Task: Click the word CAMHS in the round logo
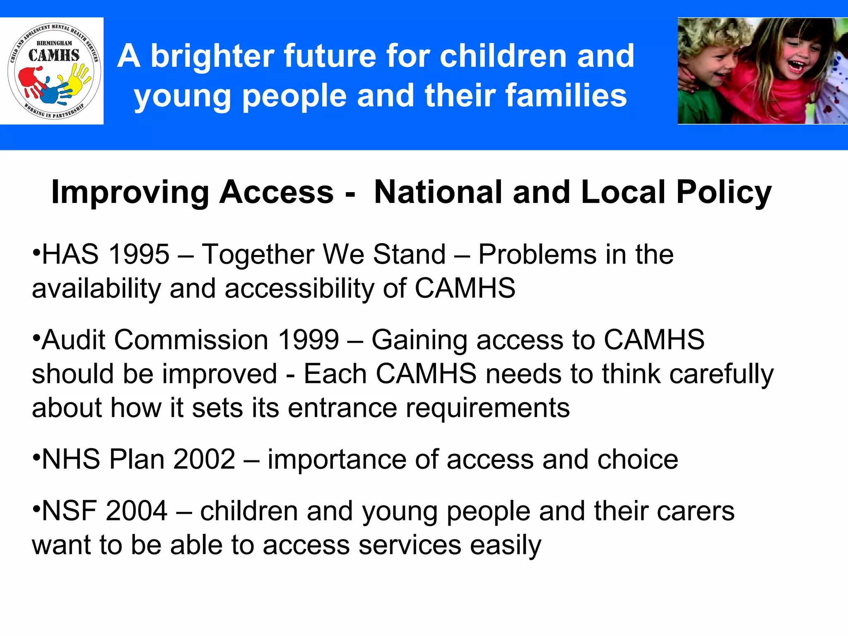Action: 54,55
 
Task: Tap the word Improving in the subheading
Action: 130,193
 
